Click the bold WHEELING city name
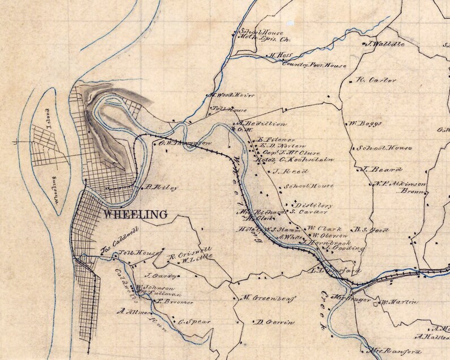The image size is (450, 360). point(135,215)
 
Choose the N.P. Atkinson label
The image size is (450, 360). point(400,184)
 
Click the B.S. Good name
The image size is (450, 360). point(371,230)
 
